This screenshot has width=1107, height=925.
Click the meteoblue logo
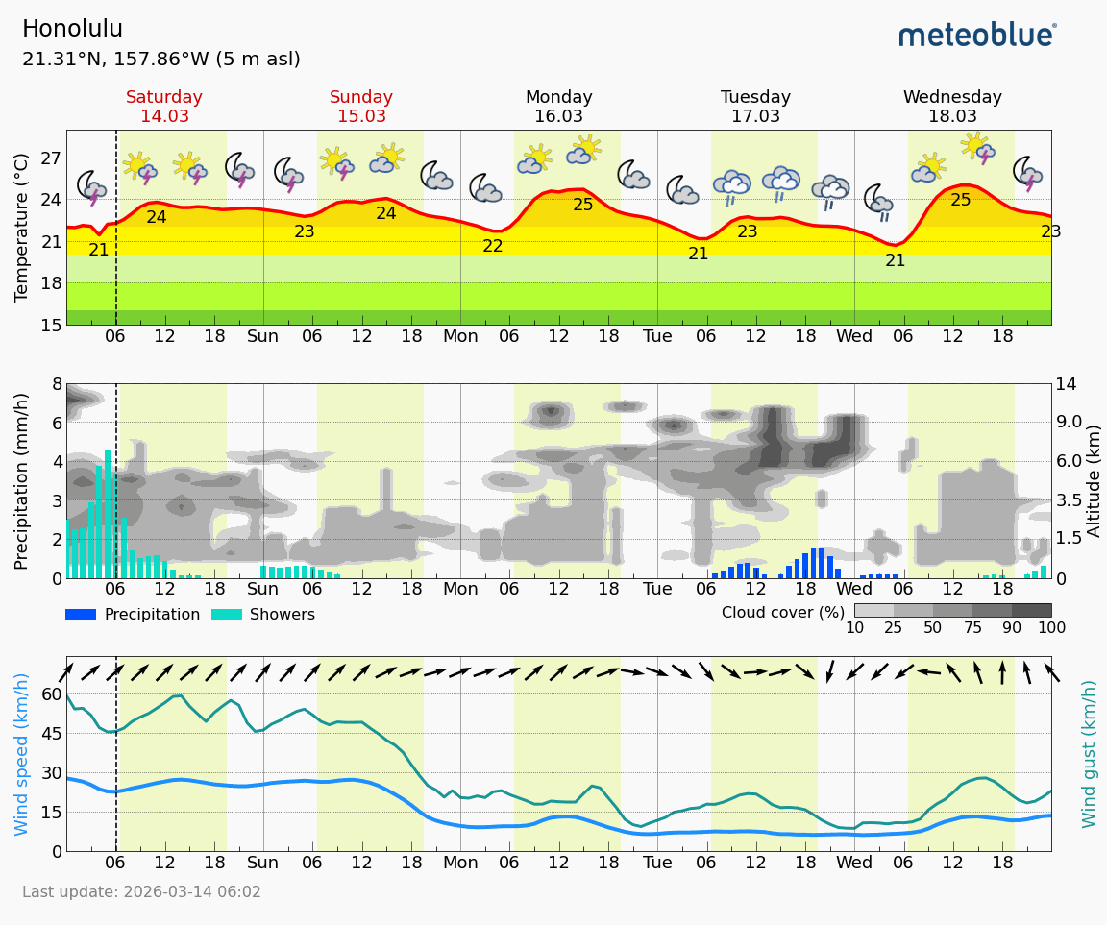click(977, 36)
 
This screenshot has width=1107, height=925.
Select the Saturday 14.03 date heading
click(164, 107)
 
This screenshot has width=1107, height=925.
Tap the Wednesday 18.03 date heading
click(952, 107)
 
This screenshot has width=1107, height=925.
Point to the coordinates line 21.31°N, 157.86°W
click(160, 60)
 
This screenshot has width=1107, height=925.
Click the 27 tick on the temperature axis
click(50, 158)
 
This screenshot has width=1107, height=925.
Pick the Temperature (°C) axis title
click(22, 228)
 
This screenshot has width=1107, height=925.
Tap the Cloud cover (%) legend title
click(783, 612)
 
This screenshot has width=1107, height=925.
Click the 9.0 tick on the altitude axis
click(1070, 423)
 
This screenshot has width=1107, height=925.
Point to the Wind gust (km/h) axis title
click(1089, 754)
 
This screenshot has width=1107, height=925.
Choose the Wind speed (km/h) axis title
click(22, 754)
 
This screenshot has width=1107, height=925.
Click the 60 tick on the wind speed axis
click(50, 694)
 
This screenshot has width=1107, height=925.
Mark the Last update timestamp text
click(141, 892)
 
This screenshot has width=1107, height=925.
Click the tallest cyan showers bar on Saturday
click(108, 514)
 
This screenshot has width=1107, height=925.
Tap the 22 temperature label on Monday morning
click(493, 247)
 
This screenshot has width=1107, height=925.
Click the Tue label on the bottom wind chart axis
click(657, 863)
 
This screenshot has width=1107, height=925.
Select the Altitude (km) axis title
click(1095, 480)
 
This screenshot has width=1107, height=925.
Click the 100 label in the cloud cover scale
click(1050, 628)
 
